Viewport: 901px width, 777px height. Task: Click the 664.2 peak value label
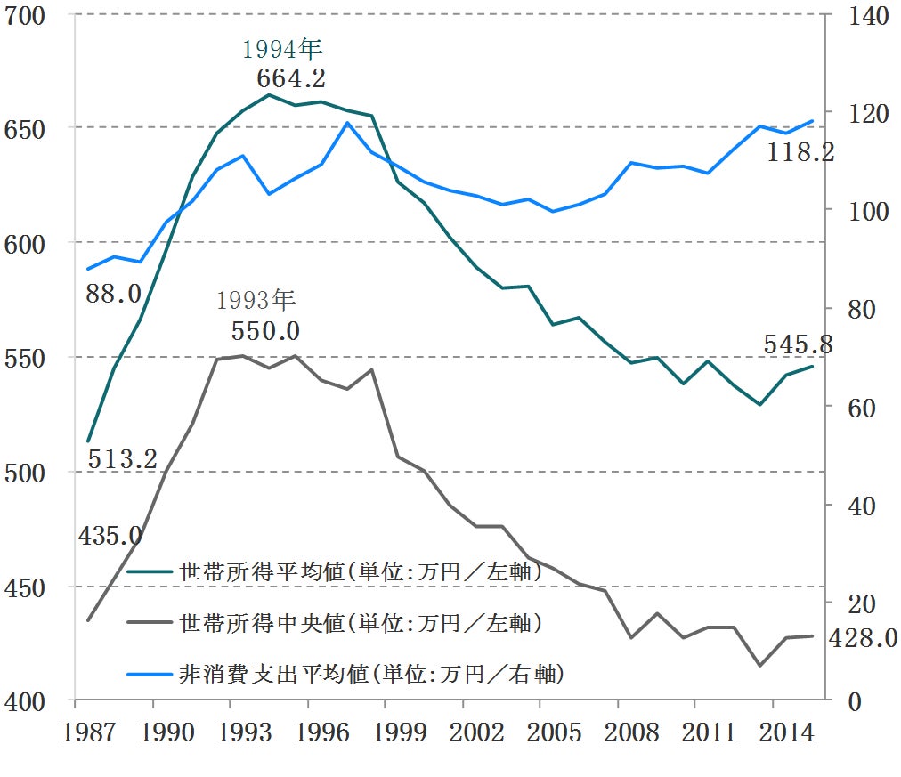pos(291,78)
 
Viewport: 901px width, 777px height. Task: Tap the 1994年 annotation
pos(282,48)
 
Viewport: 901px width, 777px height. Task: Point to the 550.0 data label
pos(265,331)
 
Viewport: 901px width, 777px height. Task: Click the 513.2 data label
pos(122,459)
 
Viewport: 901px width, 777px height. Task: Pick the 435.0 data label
pos(110,536)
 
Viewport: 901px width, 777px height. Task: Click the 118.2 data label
pos(800,153)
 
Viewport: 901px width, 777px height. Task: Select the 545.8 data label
pos(798,344)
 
